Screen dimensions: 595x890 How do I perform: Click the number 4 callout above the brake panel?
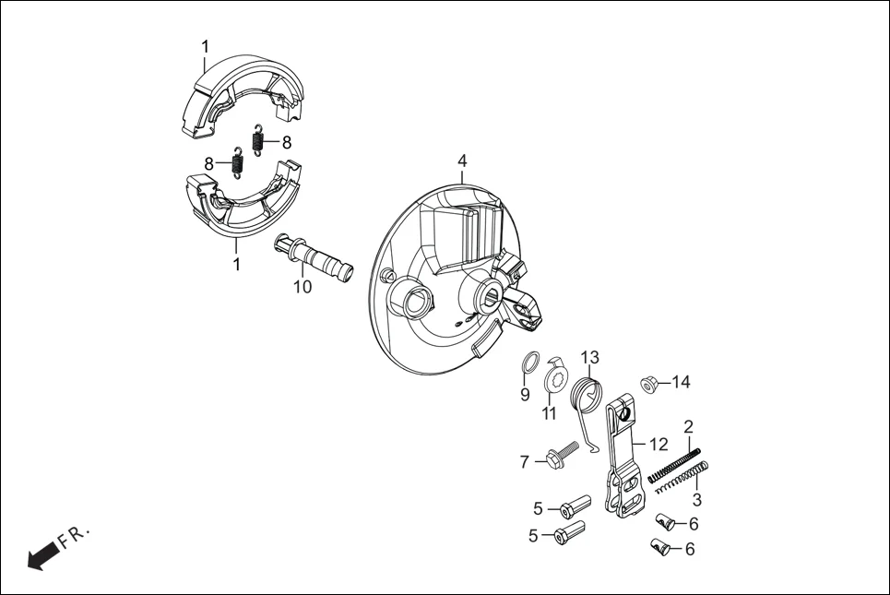[x=462, y=161]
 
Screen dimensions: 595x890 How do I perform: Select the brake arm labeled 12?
[x=623, y=452]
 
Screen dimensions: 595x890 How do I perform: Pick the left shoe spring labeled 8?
[x=237, y=163]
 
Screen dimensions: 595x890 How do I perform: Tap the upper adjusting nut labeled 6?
[x=665, y=524]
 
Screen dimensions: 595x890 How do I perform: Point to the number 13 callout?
[x=589, y=357]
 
